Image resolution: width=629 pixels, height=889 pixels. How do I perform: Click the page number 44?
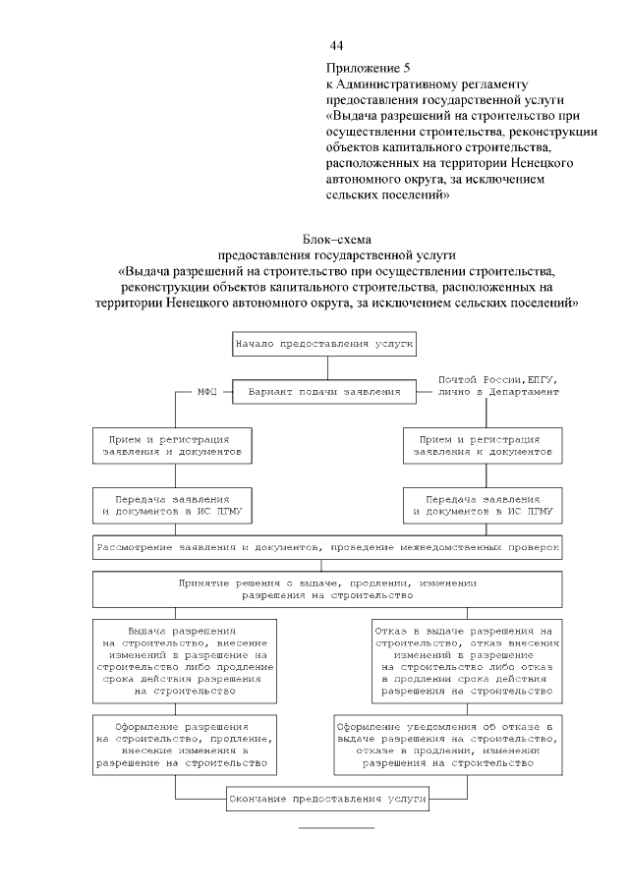pyautogui.click(x=336, y=46)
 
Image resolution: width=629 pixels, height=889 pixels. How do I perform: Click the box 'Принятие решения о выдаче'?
pyautogui.click(x=327, y=588)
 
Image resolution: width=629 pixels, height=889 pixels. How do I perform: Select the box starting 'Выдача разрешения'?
pyautogui.click(x=185, y=660)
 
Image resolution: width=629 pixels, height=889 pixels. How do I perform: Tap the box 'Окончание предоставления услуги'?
pyautogui.click(x=327, y=799)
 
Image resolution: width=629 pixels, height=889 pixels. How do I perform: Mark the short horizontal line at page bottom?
pyautogui.click(x=336, y=828)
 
